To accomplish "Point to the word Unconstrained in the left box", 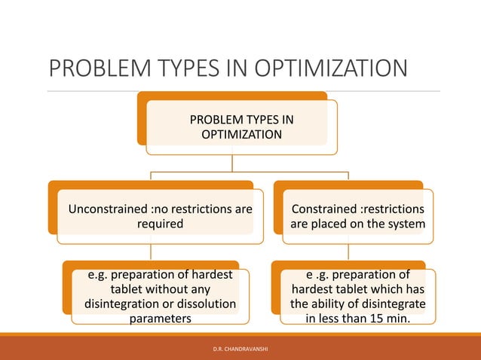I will pyautogui.click(x=104, y=209).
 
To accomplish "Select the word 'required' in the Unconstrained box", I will pyautogui.click(x=160, y=224).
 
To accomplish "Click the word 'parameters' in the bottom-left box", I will pyautogui.click(x=160, y=318).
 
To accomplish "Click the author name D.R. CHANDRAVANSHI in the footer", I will pyautogui.click(x=240, y=349).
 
